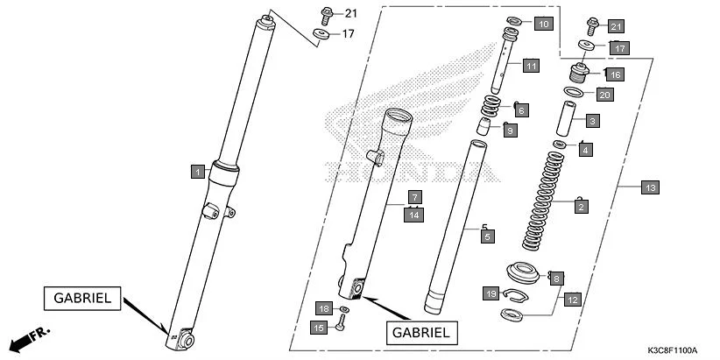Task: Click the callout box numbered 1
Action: (x=199, y=172)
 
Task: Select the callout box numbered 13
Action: (x=649, y=187)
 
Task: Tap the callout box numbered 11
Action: (x=531, y=66)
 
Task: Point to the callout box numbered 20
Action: (x=604, y=95)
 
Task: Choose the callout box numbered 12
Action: (x=571, y=300)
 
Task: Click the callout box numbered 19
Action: (x=491, y=293)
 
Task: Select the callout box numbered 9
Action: (x=510, y=131)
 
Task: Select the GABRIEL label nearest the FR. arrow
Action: (x=79, y=298)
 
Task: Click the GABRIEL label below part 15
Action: (x=420, y=332)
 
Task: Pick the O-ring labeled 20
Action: (x=574, y=92)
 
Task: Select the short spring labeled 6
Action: (x=495, y=109)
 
